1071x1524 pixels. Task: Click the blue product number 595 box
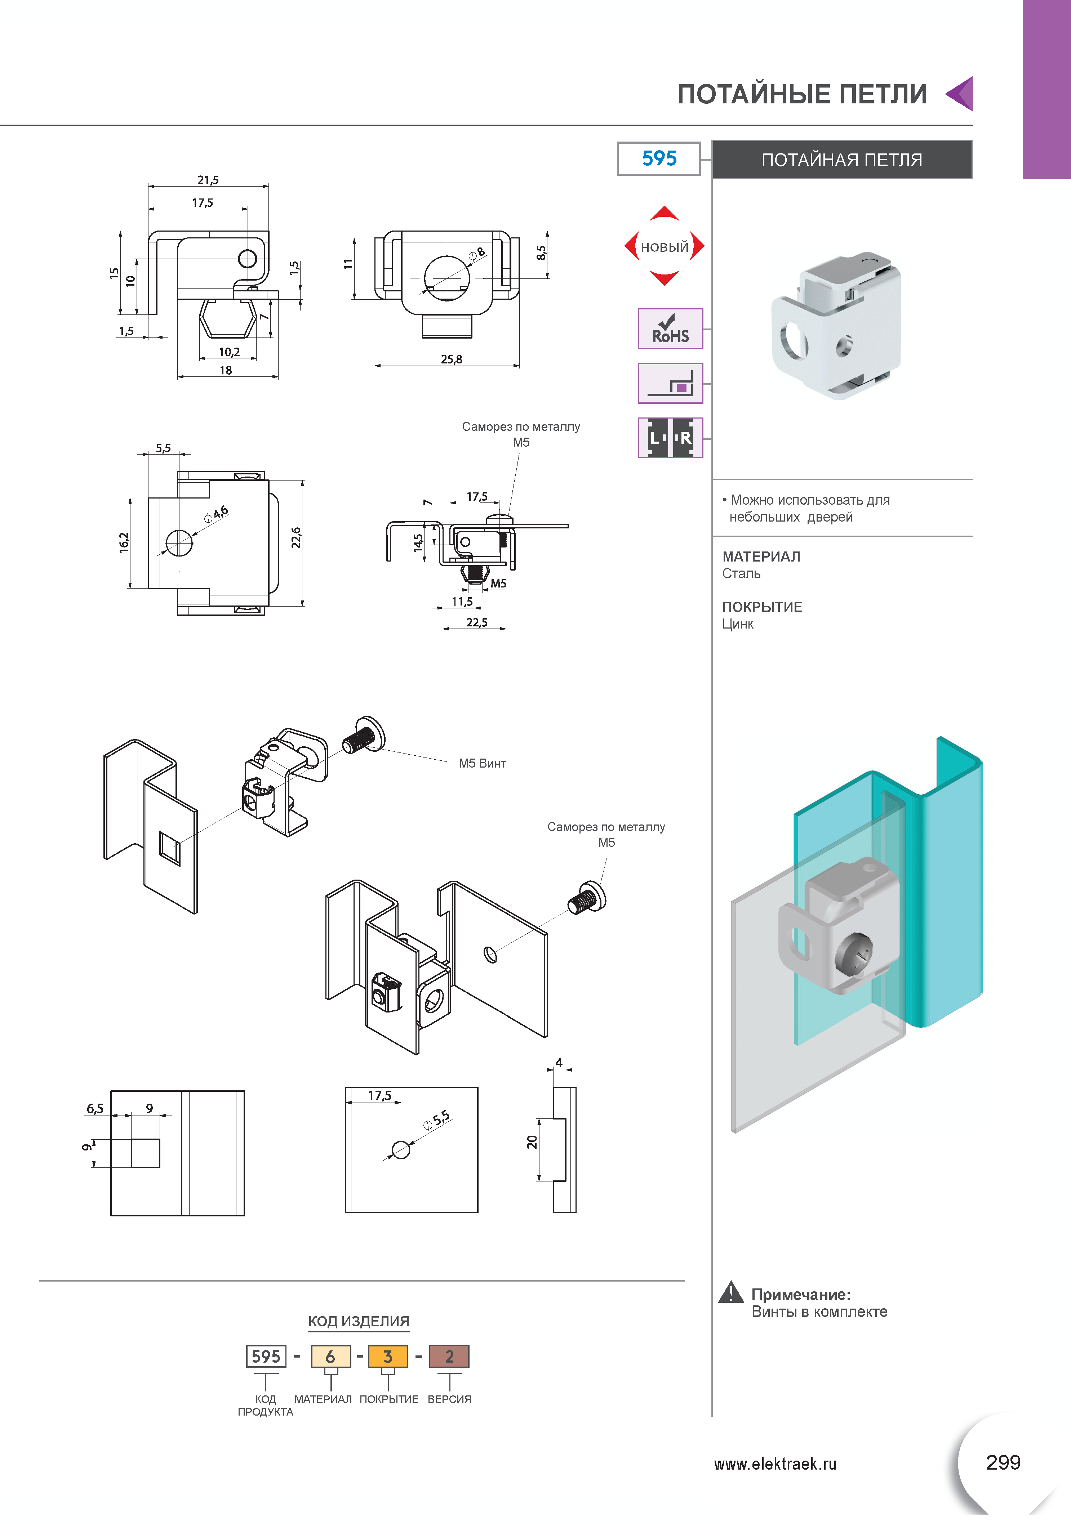(659, 158)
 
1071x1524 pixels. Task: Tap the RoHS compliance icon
(670, 329)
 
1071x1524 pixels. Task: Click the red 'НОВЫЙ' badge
(664, 246)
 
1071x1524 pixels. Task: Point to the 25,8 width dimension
(452, 359)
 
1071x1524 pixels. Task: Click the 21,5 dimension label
(208, 180)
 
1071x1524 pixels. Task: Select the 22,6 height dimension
(296, 538)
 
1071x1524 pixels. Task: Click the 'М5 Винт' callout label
(482, 763)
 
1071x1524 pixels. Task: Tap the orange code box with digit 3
(388, 1356)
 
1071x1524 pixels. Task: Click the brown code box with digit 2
(449, 1356)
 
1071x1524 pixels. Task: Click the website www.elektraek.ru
(775, 1463)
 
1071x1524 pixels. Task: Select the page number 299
(1003, 1462)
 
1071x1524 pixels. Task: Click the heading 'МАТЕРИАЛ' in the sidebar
(761, 556)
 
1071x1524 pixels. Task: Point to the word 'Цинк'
(738, 624)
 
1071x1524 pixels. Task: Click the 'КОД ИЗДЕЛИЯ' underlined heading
(359, 1321)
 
